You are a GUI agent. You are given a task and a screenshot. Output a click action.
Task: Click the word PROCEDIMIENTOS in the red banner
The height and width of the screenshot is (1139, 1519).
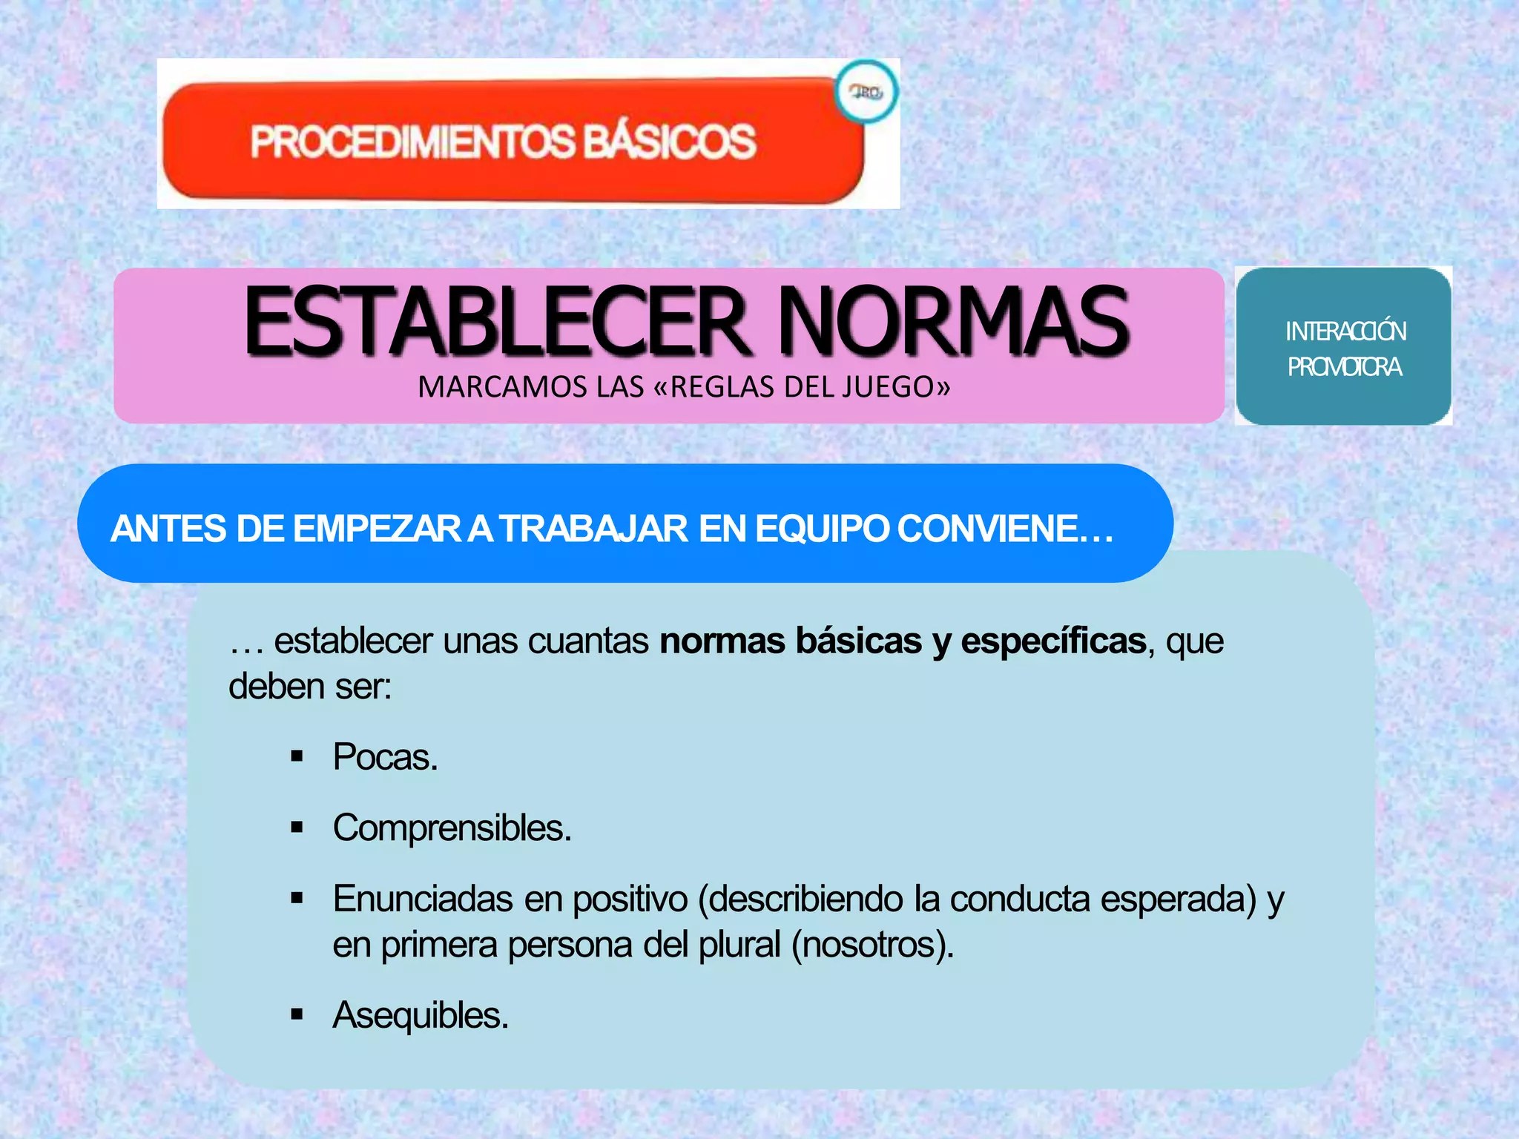coord(412,142)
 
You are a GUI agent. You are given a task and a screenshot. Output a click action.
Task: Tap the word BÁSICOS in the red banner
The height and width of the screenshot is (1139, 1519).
coord(670,142)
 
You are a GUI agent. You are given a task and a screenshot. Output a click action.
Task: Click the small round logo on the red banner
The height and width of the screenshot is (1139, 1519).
coord(866,93)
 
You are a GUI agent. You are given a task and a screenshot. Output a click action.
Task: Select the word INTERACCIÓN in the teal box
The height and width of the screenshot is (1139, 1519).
coord(1345,331)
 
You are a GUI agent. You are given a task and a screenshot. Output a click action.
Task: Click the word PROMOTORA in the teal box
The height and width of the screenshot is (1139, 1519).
coord(1344,367)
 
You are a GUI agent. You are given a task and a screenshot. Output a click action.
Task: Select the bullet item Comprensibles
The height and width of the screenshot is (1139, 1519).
coord(452,828)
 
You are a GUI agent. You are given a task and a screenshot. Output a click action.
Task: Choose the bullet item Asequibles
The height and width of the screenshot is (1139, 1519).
coord(421,1015)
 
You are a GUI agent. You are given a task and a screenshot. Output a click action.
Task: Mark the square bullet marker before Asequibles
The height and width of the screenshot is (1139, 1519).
coord(297,1015)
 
